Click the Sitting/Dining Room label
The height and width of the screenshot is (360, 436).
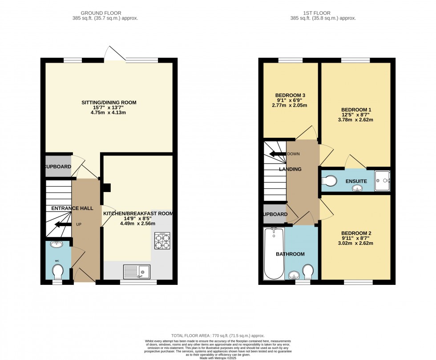coord(109,103)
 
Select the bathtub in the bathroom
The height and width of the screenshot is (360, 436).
coord(273,254)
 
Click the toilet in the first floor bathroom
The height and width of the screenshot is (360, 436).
coord(308,271)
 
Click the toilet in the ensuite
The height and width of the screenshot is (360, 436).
coord(329,181)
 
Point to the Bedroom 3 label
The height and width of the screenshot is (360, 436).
coord(290,96)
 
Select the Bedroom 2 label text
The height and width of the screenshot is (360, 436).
coord(356,233)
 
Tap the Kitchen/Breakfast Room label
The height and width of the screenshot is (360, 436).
coord(138,214)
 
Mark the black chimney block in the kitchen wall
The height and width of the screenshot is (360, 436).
coord(106,188)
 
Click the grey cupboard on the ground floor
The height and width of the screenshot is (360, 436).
coord(58,166)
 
